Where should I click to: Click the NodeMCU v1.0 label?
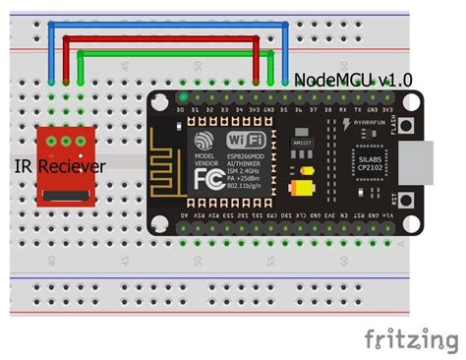point(353,78)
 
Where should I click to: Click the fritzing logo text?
point(410,339)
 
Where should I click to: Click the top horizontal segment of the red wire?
point(162,39)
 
